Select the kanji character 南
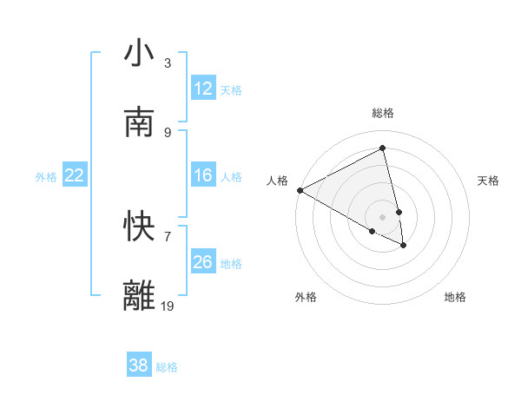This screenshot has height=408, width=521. click(140, 123)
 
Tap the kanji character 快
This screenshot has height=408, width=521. click(140, 227)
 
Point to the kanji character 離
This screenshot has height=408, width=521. click(140, 295)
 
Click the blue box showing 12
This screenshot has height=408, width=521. click(203, 89)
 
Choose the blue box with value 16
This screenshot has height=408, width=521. click(203, 175)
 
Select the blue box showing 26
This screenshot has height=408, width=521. click(203, 261)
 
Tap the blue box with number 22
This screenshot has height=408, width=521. click(75, 175)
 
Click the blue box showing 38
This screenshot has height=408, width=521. click(139, 365)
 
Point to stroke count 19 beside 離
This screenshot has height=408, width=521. click(168, 306)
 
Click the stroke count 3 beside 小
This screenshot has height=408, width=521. click(168, 63)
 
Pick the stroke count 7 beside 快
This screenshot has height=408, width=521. click(168, 236)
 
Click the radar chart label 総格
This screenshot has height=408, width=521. click(383, 113)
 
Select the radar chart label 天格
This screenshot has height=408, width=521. click(489, 181)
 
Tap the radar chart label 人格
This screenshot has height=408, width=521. click(277, 181)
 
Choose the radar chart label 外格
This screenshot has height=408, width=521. click(306, 297)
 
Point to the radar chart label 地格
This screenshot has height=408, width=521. click(455, 297)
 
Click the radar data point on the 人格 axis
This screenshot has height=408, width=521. click(300, 190)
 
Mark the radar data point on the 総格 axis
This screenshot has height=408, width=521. click(383, 148)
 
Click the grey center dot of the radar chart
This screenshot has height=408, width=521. click(383, 216)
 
